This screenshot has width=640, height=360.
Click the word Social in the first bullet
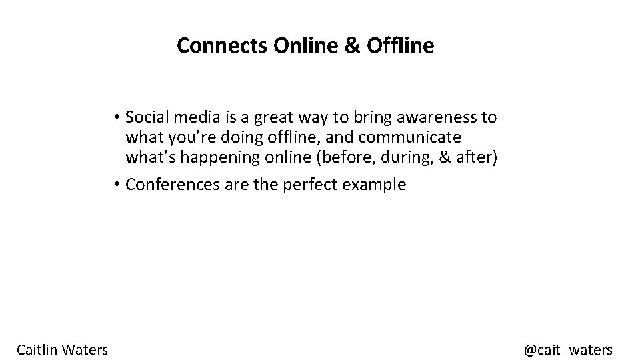(146, 117)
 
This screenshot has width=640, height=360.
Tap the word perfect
(311, 185)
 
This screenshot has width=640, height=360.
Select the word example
(374, 185)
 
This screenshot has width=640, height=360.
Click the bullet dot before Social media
(116, 118)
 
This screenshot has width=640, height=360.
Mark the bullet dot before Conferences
(116, 185)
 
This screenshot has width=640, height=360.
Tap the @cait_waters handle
(568, 349)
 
